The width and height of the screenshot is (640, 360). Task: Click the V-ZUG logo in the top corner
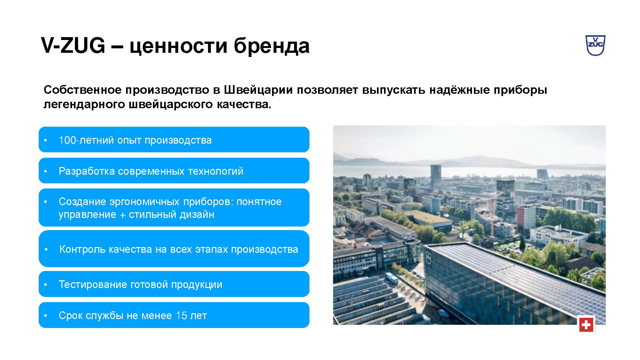pos(595,45)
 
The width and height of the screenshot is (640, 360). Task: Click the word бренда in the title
pos(271,46)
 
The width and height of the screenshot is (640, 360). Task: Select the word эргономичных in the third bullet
pos(145,202)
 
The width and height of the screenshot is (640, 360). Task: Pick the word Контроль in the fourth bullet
pos(83,249)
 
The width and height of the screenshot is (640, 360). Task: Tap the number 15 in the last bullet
pos(181,316)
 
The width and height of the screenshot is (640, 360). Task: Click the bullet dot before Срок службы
pos(46,316)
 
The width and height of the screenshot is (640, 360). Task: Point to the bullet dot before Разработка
pos(46,172)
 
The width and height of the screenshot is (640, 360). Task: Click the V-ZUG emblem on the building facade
pos(428,256)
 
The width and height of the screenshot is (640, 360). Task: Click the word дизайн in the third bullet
pos(197,214)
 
